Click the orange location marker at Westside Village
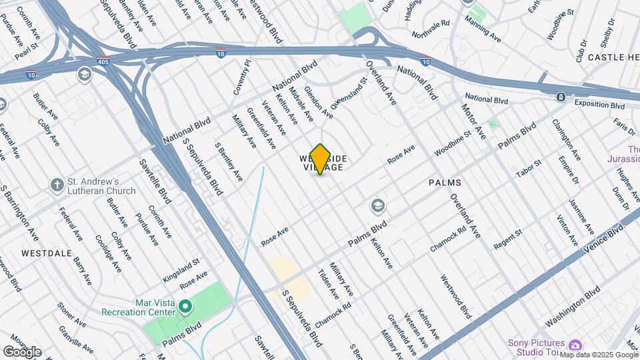[x=320, y=159]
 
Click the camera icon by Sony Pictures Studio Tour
[x=575, y=345]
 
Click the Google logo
[x=22, y=352]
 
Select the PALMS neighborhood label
[x=445, y=182]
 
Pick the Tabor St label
[x=529, y=169]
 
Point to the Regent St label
[x=507, y=241]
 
